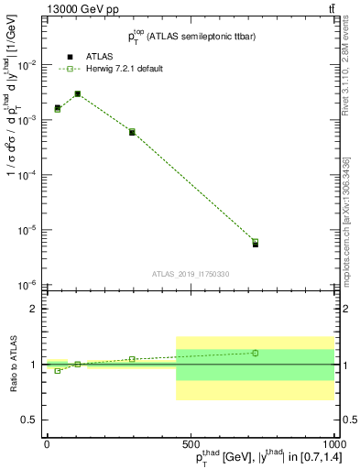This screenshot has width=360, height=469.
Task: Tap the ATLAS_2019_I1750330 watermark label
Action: (x=190, y=273)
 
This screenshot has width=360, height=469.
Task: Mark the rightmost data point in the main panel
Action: (x=256, y=243)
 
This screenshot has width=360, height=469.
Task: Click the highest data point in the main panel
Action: (x=78, y=93)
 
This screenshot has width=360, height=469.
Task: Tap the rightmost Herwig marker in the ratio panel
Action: (x=256, y=353)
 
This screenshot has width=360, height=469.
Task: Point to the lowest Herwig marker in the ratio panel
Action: (x=58, y=370)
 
